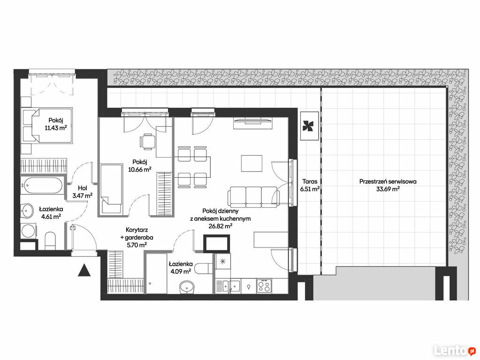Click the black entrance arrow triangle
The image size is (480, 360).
[x=84, y=270]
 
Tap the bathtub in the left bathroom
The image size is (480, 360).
[x=43, y=185]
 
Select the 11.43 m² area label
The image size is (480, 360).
[x=56, y=128]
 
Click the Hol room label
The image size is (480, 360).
[x=83, y=188]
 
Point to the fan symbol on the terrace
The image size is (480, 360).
[x=309, y=126]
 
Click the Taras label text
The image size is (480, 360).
[x=310, y=181]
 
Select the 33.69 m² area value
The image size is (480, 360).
[x=388, y=189]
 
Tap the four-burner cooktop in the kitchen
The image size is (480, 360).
[x=264, y=286]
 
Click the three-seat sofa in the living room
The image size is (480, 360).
[x=253, y=196]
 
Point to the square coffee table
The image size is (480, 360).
[x=251, y=163]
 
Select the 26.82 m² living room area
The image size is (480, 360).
[x=220, y=226]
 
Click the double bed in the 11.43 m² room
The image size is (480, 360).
[x=46, y=126]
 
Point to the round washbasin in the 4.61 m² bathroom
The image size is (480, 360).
[x=27, y=211]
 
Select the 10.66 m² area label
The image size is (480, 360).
[x=140, y=169]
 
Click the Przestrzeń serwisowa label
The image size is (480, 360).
[x=388, y=181]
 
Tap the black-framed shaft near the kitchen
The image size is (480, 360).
[x=217, y=243]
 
